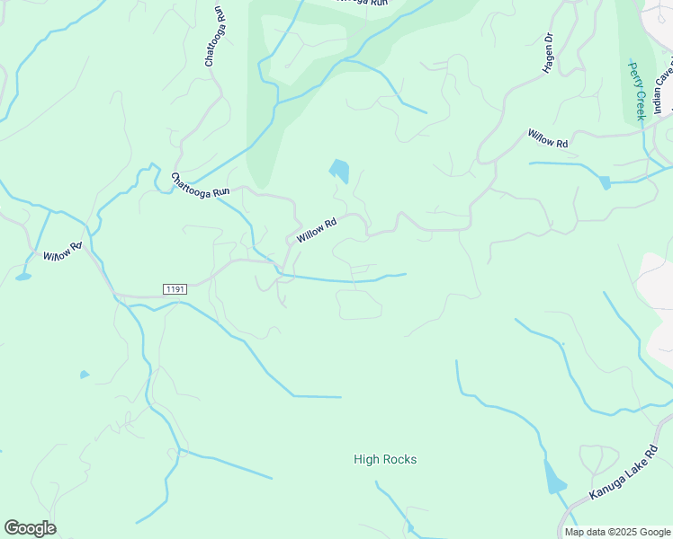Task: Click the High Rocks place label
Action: (x=385, y=459)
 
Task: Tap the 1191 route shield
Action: (x=175, y=288)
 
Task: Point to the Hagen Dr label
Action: (x=549, y=55)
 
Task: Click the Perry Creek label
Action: (x=637, y=91)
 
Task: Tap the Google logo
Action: (x=30, y=528)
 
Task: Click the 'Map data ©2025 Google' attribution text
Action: (x=617, y=532)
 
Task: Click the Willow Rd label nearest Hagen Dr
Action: (x=548, y=138)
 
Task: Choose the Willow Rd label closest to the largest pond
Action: (x=316, y=229)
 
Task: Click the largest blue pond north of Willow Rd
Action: (x=339, y=170)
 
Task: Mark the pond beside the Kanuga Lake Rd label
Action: (x=554, y=477)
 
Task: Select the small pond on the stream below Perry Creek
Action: (x=605, y=182)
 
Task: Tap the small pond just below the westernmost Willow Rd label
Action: (x=22, y=277)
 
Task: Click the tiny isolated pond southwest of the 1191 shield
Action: (x=85, y=374)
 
